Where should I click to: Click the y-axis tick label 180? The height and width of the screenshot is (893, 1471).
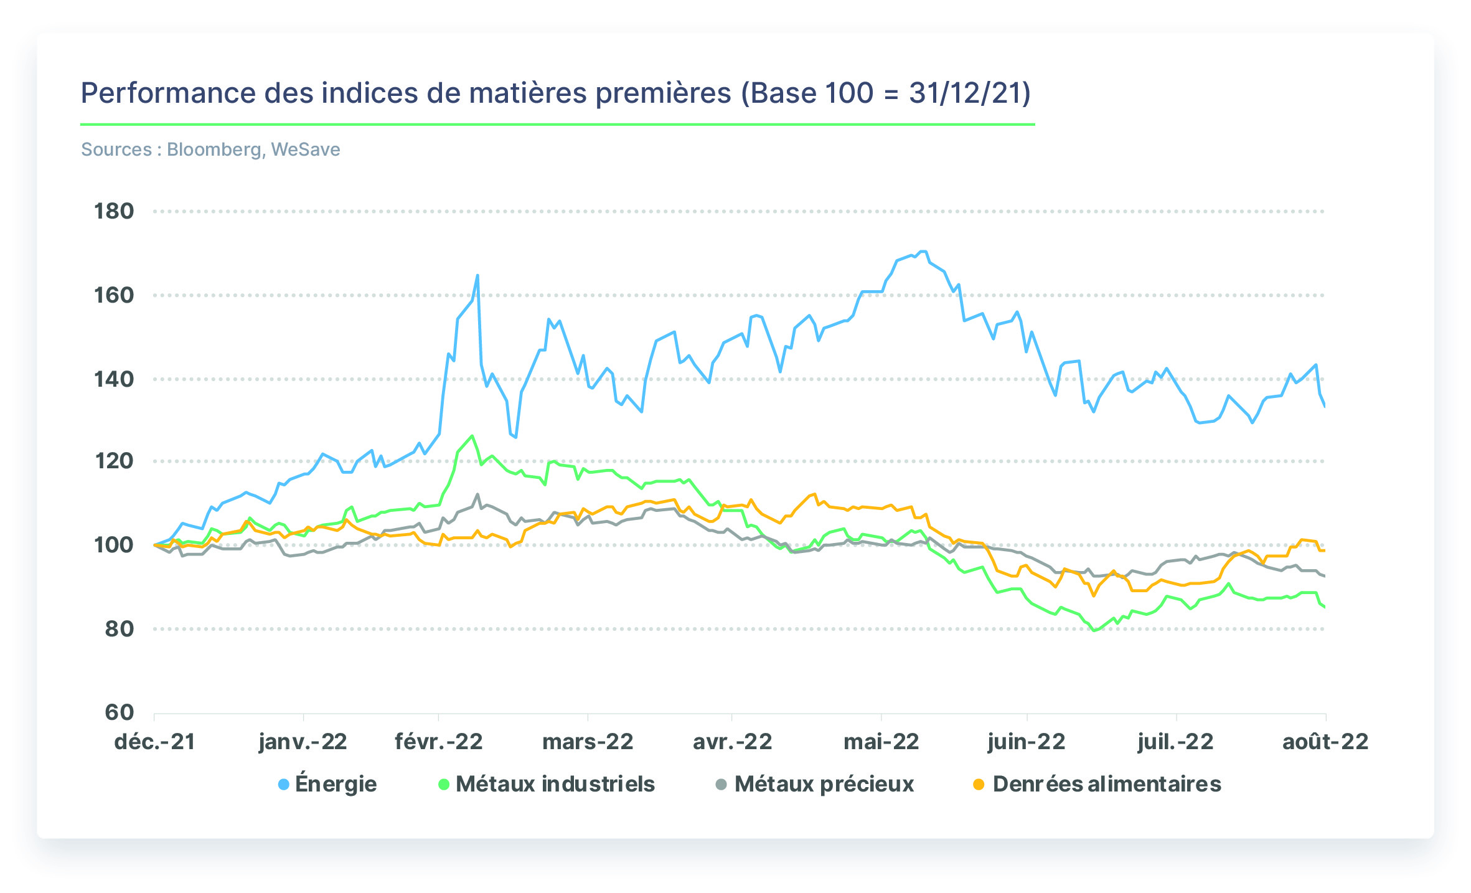coord(114,211)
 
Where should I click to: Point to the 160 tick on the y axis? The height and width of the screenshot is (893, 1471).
coord(114,295)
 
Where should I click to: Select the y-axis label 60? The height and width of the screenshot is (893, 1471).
coord(120,712)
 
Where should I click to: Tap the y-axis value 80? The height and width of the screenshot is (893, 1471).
coord(120,629)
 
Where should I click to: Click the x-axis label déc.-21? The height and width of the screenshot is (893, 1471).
coord(154,742)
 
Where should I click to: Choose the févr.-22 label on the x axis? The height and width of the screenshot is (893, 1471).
coord(439,742)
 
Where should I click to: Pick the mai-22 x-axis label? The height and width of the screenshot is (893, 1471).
coord(881,742)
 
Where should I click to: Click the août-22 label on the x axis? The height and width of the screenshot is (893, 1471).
coord(1325,742)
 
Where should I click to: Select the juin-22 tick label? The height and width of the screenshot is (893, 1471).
coord(1027,742)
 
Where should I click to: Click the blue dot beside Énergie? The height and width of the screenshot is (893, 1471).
coord(284,785)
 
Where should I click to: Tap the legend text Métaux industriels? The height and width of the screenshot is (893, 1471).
coord(555,784)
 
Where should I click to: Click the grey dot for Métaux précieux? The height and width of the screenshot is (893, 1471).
coord(721,785)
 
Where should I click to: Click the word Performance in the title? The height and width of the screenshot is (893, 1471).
coord(169,93)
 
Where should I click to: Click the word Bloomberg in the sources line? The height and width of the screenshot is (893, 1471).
coord(214,149)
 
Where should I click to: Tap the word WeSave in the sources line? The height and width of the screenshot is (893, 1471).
coord(306,149)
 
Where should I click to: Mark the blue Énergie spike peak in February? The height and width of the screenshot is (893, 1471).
coord(477,275)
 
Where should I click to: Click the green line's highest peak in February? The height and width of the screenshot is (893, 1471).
coord(472,436)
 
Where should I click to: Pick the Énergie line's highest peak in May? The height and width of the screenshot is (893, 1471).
coord(924,252)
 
